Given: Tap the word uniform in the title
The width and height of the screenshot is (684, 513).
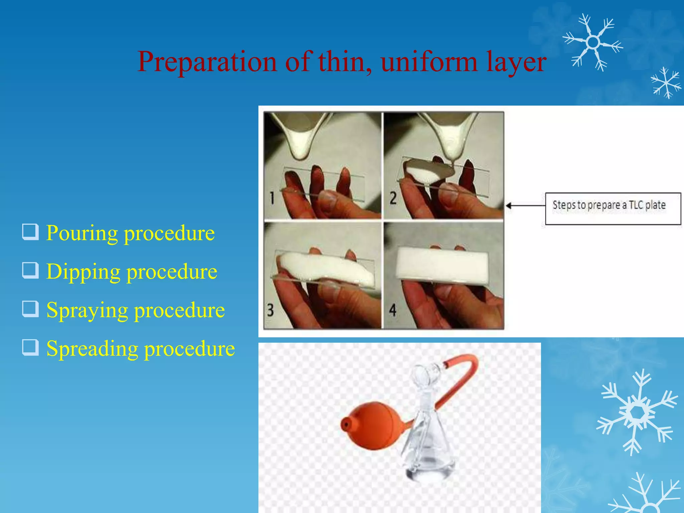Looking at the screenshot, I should (429, 62).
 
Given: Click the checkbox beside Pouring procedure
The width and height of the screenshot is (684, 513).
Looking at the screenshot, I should (30, 232).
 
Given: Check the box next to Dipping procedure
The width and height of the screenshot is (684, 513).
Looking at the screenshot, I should (30, 271).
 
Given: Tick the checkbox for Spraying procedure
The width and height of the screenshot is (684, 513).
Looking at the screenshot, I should (30, 309).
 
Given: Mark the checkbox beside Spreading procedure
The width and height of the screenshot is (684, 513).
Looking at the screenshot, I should (30, 347).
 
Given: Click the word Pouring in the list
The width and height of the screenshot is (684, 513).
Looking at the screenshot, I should (82, 233).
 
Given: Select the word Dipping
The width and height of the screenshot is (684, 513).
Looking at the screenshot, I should (83, 272).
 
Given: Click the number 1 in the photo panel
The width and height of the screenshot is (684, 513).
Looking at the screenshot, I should (272, 198).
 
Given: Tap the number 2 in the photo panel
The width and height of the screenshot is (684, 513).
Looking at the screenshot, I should (393, 198).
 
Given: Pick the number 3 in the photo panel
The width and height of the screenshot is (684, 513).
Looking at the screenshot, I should (270, 310).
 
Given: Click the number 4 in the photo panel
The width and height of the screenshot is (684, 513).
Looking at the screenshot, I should (393, 310).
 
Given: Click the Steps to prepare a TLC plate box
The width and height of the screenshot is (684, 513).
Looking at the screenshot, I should (613, 208).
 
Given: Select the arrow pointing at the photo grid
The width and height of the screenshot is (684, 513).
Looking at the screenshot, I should (524, 206).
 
